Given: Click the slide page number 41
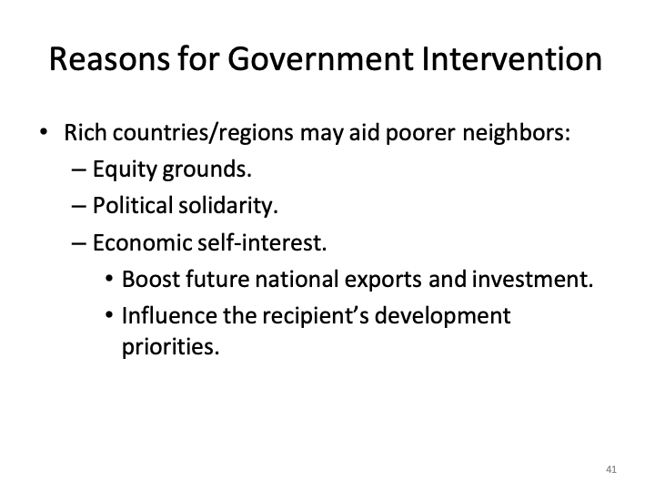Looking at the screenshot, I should coord(610,469).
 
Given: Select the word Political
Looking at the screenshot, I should coord(136,207).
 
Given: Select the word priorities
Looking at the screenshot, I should coord(170,347).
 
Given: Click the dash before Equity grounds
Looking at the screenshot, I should coord(77,170).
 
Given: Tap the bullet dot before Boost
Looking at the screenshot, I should coord(109,280).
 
